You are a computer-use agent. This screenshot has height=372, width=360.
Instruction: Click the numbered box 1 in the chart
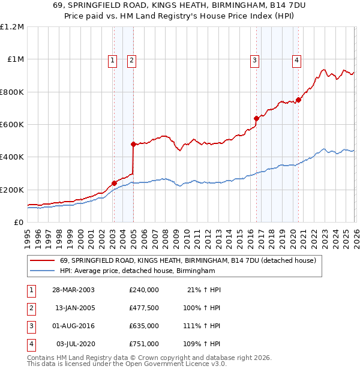coord(113,59)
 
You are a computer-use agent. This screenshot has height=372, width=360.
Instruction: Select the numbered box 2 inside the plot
coord(131,59)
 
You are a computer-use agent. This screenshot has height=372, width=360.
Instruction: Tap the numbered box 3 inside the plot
coord(255,59)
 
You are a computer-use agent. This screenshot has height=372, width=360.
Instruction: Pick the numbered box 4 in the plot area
coord(297,59)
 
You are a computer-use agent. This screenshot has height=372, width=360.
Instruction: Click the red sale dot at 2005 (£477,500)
coord(133,144)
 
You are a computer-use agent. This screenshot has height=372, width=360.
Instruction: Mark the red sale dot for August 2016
coord(256,118)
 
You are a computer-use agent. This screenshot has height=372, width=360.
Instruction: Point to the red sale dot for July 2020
coord(298,100)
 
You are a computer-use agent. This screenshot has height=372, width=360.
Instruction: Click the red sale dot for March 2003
coord(114,183)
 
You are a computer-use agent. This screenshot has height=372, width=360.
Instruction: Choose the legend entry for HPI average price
coord(137,271)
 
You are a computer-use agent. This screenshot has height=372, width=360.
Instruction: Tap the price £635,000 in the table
coord(144,326)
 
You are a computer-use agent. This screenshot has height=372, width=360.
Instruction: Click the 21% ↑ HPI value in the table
coord(203,289)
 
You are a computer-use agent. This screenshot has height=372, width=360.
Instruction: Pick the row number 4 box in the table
coord(31,344)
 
